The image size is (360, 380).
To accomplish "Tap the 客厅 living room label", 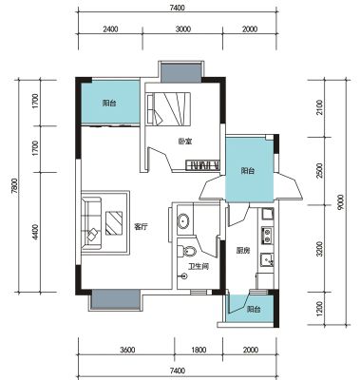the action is [x=141, y=227].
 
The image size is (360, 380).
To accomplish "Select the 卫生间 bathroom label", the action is [x=199, y=267].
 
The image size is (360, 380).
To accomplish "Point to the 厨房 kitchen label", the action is [x=243, y=251].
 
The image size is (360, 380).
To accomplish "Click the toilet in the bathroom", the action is [x=186, y=252].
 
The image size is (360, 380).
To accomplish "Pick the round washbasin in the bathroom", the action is [x=183, y=221].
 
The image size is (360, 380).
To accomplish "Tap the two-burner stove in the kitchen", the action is [x=268, y=235].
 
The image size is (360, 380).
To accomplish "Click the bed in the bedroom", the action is [x=168, y=109].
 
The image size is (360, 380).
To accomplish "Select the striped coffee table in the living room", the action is [x=114, y=223].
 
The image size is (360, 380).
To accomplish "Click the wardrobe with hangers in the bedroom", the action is [x=202, y=165].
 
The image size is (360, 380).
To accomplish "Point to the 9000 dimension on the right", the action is [x=340, y=202].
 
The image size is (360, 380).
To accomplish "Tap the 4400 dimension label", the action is [x=35, y=232].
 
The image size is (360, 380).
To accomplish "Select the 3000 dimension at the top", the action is [x=183, y=29].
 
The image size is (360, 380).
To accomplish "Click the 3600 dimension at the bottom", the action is [x=127, y=350].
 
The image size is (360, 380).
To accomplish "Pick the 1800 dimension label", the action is [x=199, y=350].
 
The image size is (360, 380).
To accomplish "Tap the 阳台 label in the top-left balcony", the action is [x=109, y=104].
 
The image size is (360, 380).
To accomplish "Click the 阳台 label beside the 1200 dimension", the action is [x=254, y=309].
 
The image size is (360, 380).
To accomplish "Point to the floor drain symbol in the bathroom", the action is [x=184, y=276].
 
